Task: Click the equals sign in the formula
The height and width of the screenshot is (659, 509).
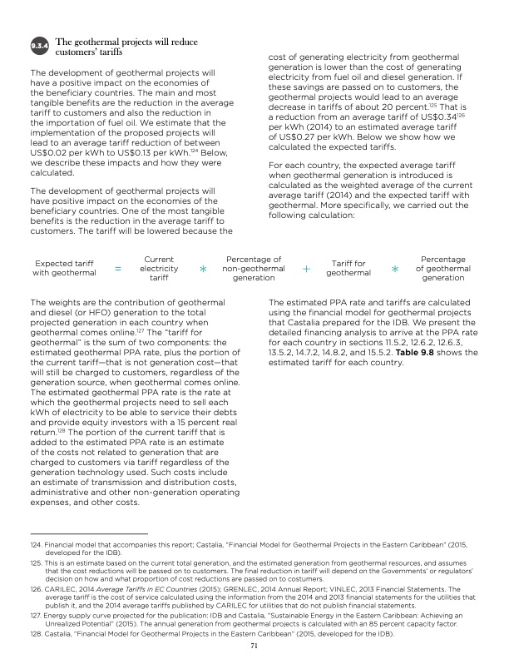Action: point(117,270)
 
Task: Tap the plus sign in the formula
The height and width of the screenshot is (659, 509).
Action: point(306,270)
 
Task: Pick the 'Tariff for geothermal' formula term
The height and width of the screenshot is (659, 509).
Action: point(348,269)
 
